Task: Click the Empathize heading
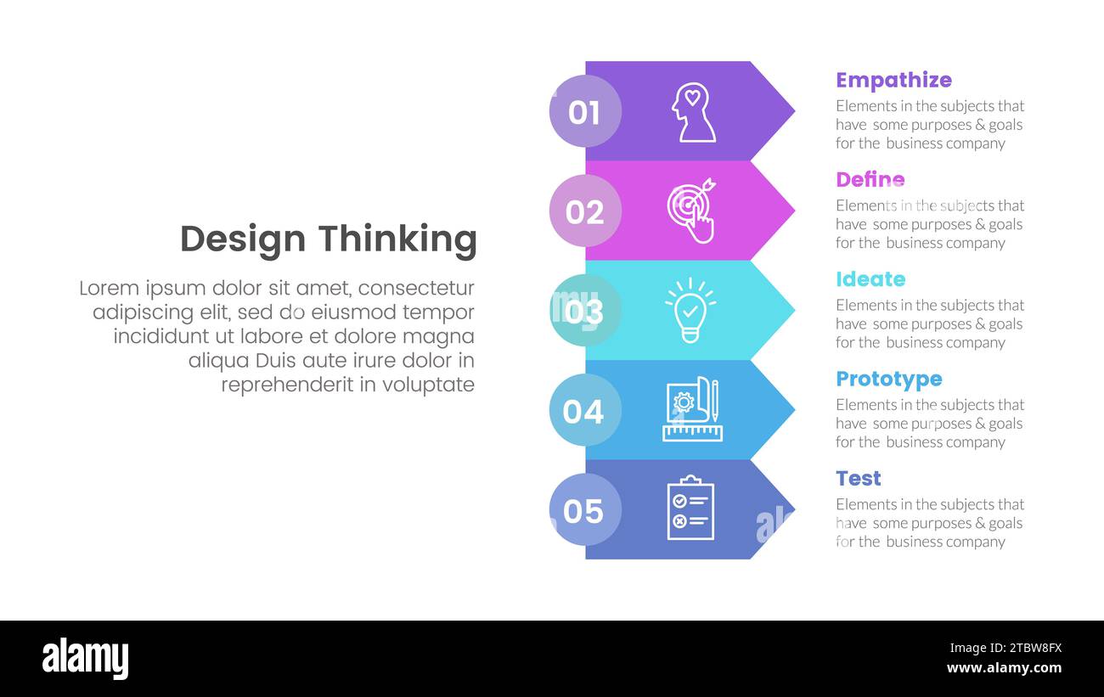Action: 893,80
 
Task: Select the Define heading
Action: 870,180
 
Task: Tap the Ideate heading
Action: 870,279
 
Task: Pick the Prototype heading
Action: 888,379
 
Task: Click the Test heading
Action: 858,479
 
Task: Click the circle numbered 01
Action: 585,111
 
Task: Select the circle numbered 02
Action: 585,211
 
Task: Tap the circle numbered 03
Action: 585,311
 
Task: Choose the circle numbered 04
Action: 585,411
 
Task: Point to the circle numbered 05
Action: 585,510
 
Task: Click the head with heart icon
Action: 692,112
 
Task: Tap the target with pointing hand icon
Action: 691,211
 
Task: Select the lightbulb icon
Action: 690,311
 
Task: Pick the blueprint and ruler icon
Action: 692,410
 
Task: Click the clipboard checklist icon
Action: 690,509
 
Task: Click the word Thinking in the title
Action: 408,239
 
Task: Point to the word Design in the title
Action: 242,239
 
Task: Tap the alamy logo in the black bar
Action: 85,659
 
